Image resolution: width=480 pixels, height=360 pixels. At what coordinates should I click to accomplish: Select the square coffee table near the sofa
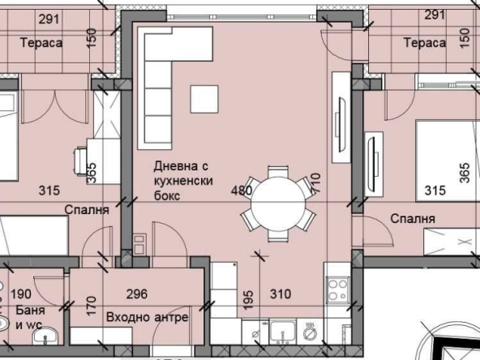[x=204, y=99]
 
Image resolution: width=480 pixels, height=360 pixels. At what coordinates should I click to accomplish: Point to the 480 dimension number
[x=242, y=191]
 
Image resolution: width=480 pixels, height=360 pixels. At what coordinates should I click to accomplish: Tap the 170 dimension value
[x=91, y=306]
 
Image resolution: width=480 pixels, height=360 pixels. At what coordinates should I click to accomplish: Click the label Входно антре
[x=147, y=317]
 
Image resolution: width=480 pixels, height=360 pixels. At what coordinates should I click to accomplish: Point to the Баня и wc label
[x=28, y=317]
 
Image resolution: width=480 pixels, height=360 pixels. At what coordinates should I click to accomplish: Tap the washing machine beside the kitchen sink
[x=311, y=332]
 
